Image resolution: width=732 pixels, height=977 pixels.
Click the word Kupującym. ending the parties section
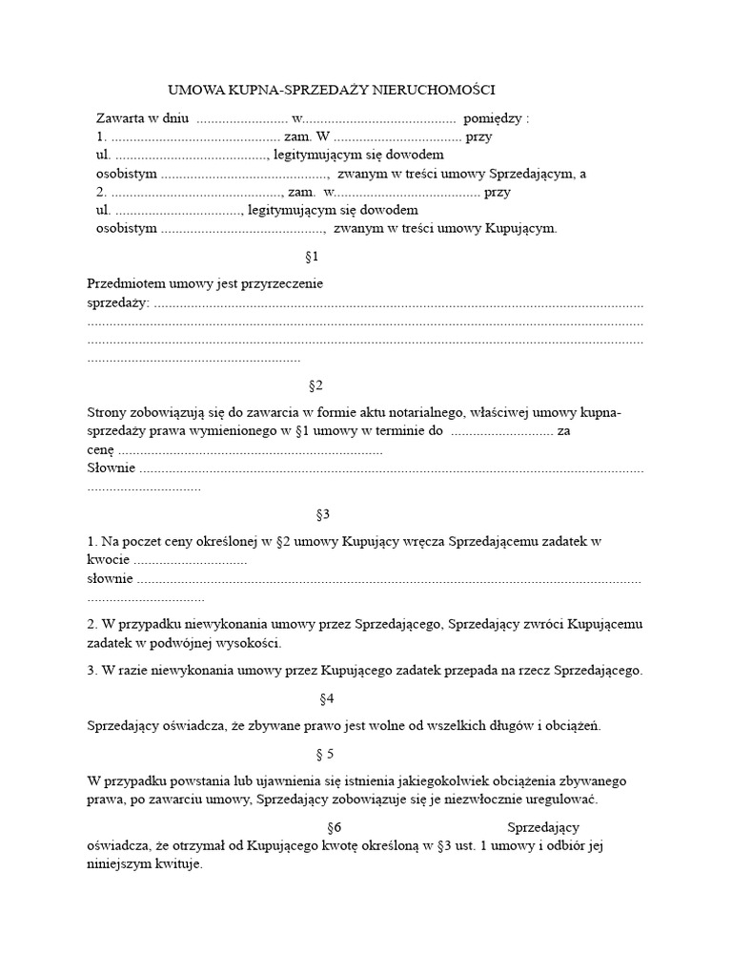tap(520, 228)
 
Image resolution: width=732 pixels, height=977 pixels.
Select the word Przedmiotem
tap(125, 283)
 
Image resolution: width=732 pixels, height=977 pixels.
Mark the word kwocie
tap(108, 559)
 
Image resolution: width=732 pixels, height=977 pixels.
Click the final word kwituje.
tap(178, 864)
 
